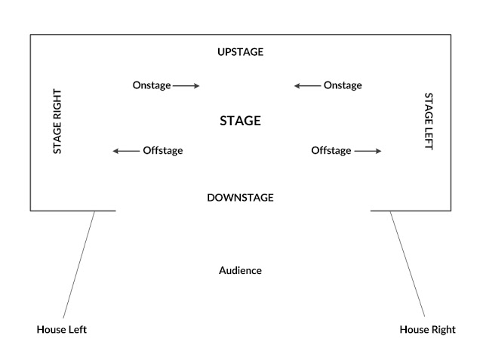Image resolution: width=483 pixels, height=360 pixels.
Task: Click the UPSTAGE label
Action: point(240,52)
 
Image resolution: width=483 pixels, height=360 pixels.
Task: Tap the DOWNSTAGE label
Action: point(240,198)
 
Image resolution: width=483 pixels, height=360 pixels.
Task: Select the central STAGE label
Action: point(240,121)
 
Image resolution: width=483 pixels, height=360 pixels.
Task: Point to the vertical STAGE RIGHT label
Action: point(57,122)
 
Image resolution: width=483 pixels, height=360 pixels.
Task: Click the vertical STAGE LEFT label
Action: point(429,122)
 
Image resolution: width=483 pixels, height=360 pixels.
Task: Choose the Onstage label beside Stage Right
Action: point(152,85)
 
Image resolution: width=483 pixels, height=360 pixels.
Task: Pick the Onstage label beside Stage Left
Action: point(343,85)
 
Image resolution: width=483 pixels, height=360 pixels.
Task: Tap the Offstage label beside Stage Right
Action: point(163,151)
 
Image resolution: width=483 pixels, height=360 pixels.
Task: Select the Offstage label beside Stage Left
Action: point(331,151)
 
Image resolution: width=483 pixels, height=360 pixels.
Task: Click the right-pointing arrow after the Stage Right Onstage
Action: point(186,86)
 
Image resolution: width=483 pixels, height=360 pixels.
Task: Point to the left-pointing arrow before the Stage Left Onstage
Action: point(307,86)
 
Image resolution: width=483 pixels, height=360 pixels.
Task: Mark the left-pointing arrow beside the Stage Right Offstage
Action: point(126,151)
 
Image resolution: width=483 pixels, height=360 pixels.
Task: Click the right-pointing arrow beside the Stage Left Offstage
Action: point(368,151)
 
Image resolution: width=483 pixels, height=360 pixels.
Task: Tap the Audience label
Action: point(240,271)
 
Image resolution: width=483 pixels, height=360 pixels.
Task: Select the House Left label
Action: point(62,330)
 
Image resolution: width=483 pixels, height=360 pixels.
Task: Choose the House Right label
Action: point(428,330)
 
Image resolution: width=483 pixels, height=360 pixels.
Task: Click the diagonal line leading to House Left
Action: point(78,265)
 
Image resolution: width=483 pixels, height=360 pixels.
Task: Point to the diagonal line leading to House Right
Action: point(408,264)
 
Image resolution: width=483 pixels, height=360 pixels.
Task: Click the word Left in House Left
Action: point(78,330)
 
